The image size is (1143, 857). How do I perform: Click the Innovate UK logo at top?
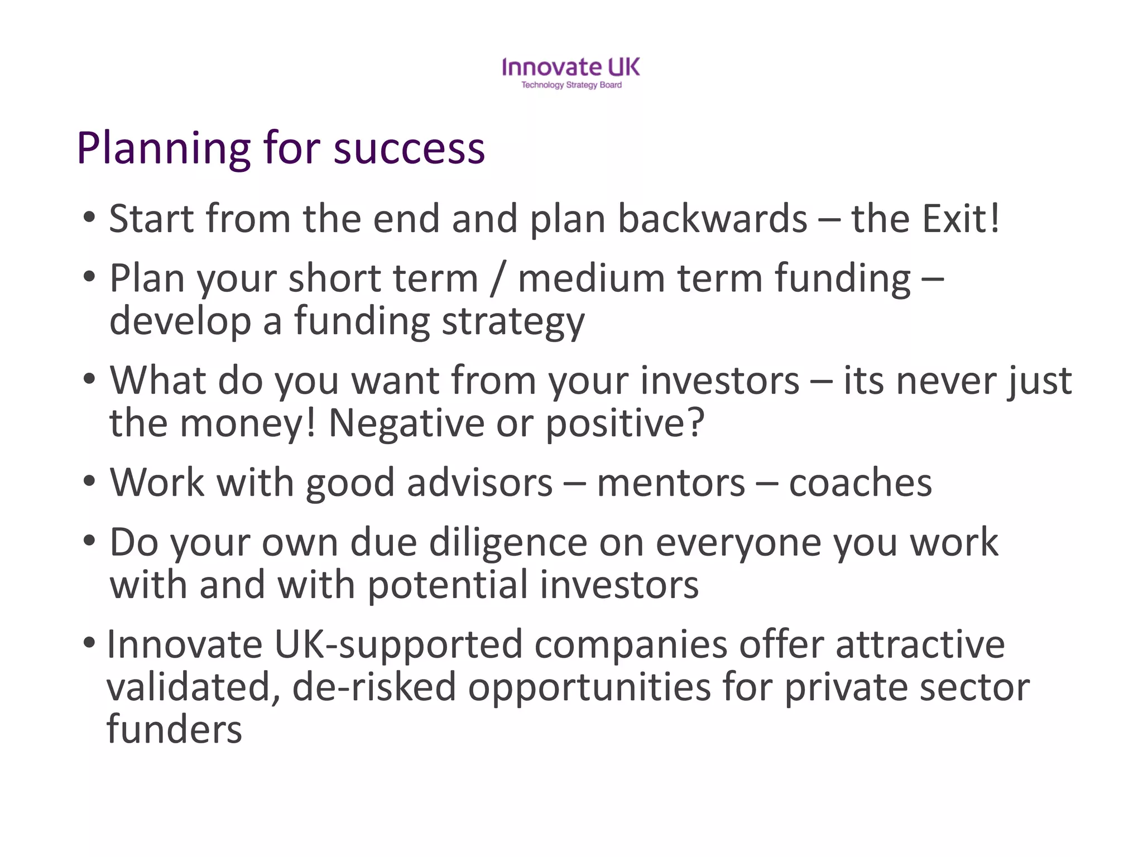(571, 67)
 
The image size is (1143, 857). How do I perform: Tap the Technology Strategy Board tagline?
(571, 85)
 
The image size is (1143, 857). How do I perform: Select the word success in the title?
(409, 150)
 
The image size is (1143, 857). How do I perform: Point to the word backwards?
(712, 219)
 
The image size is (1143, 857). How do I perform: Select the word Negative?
(406, 423)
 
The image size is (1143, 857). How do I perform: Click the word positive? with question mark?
(625, 424)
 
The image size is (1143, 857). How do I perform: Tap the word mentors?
(671, 483)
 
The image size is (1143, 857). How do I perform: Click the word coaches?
(860, 483)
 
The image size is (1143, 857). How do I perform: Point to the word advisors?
(479, 483)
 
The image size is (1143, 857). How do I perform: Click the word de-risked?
(373, 687)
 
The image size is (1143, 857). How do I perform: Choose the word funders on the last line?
(174, 730)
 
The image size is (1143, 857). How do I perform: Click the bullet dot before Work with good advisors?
(89, 481)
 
